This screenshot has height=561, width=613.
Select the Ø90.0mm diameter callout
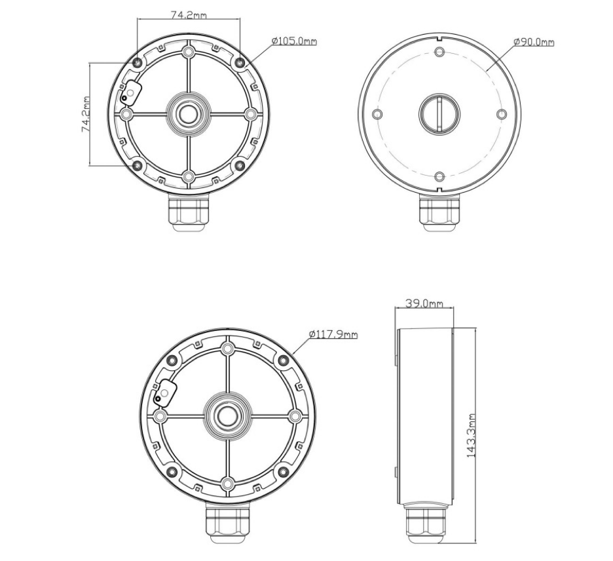pyautogui.click(x=534, y=42)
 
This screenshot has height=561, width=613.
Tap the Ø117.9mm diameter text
pyautogui.click(x=334, y=334)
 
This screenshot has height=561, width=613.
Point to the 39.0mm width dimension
pyautogui.click(x=424, y=304)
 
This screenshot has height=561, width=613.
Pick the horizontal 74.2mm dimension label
pyautogui.click(x=189, y=14)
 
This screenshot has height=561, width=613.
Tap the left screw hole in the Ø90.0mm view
pyautogui.click(x=377, y=114)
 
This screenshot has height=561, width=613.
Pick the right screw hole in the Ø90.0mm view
pyautogui.click(x=501, y=114)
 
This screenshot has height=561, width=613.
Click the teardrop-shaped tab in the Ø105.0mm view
pyautogui.click(x=130, y=94)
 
